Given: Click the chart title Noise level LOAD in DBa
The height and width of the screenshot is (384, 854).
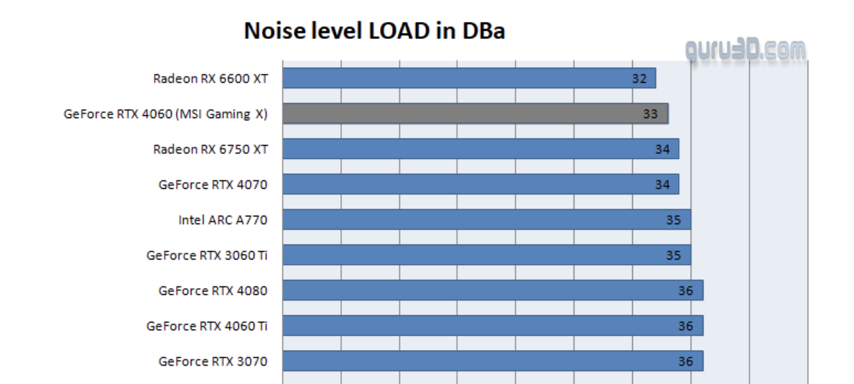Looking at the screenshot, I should click(x=374, y=31).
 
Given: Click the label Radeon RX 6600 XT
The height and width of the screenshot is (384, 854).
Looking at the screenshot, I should click(x=210, y=78).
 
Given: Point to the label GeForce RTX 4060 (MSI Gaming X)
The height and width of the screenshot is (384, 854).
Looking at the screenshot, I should click(x=165, y=114).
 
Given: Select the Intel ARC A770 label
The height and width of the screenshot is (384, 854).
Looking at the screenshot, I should click(x=223, y=220).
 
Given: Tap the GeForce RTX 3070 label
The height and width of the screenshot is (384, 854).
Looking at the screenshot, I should click(x=213, y=361).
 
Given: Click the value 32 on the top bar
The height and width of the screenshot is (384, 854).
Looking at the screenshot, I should click(x=639, y=78).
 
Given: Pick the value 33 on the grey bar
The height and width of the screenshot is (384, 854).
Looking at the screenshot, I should click(x=651, y=114).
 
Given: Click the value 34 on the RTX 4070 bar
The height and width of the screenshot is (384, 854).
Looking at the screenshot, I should click(x=662, y=185).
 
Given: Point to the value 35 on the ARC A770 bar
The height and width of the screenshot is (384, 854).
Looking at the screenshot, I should click(x=673, y=220).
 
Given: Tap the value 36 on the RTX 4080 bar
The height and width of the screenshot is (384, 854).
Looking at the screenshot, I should click(x=685, y=291).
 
